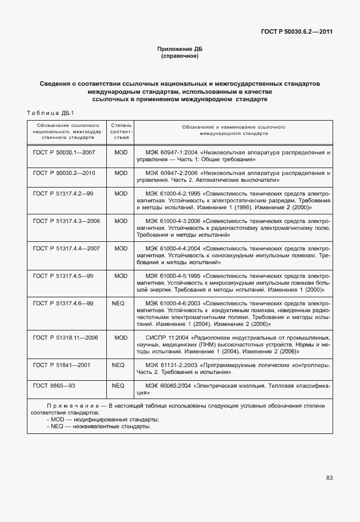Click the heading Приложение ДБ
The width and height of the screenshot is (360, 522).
point(179,49)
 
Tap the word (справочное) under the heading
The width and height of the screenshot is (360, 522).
point(179,57)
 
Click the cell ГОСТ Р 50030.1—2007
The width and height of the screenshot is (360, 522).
point(64,153)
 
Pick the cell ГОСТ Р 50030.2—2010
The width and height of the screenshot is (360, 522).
point(64,173)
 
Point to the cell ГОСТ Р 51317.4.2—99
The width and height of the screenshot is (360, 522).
point(63,193)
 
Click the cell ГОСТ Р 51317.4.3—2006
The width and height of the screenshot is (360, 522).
point(66,220)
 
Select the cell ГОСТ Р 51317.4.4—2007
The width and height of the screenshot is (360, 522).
point(66,248)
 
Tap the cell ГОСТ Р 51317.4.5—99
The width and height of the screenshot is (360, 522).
point(63,276)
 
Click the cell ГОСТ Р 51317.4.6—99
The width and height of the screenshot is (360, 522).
point(63,302)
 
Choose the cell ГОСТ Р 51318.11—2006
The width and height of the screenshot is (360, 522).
point(65,337)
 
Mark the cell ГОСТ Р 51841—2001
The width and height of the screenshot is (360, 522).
point(61,365)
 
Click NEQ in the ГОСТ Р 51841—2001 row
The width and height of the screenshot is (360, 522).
point(118,365)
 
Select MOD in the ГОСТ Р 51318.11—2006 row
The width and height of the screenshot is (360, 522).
point(121,337)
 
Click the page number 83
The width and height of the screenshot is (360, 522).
point(329,477)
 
